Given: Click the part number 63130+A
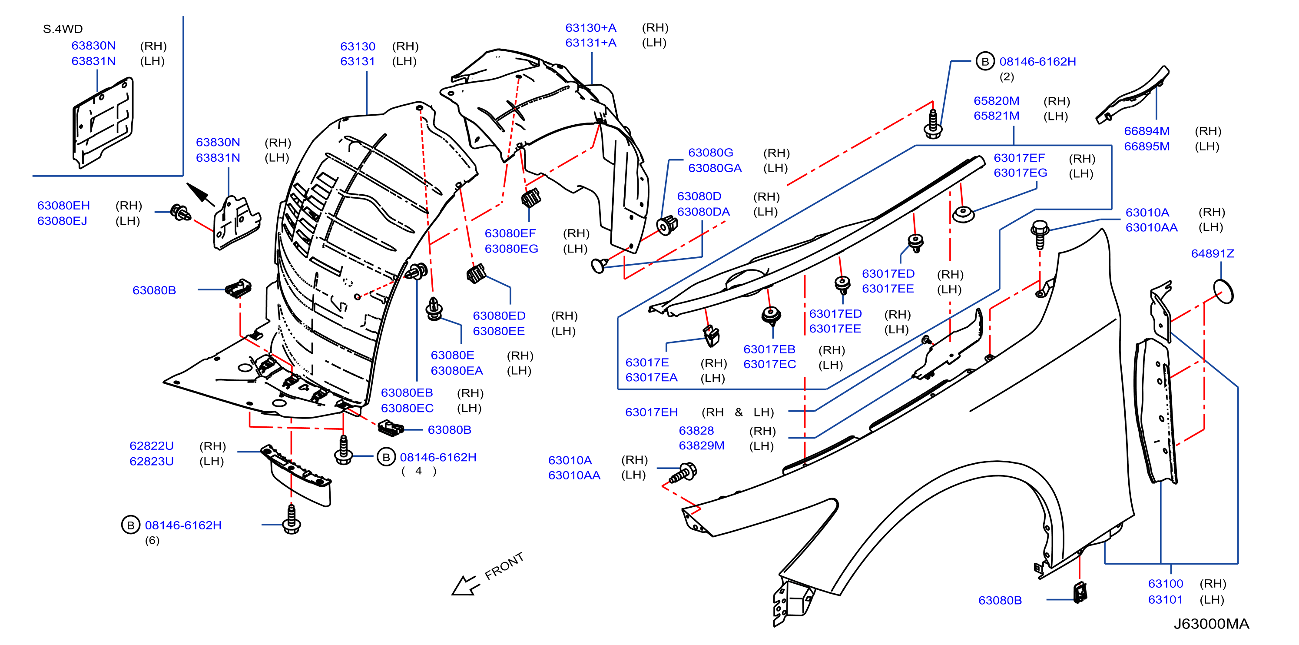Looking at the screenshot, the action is pyautogui.click(x=590, y=28).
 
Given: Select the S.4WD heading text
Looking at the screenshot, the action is pyautogui.click(x=63, y=29).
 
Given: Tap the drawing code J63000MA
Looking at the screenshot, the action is pyautogui.click(x=1211, y=624).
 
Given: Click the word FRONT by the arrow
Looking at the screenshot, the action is pyautogui.click(x=504, y=566).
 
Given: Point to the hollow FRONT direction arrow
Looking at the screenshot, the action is pyautogui.click(x=464, y=585).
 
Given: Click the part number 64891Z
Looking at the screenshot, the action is pyautogui.click(x=1212, y=254).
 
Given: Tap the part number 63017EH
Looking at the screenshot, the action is pyautogui.click(x=652, y=412).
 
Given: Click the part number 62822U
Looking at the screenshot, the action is pyautogui.click(x=151, y=446).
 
